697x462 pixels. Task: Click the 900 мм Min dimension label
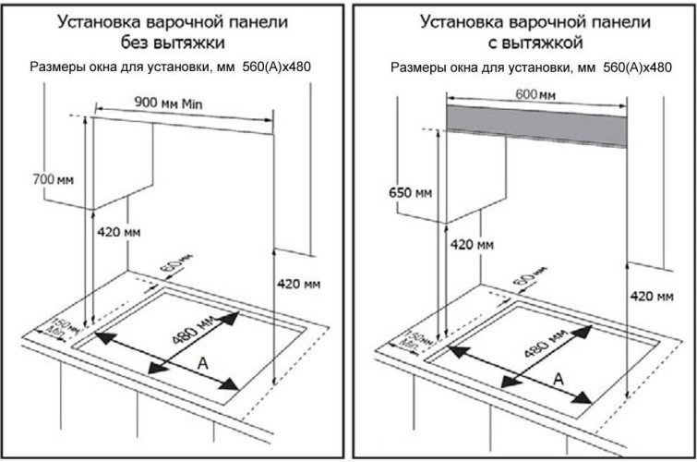click(x=174, y=103)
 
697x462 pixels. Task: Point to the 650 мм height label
click(x=408, y=192)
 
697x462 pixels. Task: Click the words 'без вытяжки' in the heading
click(x=176, y=42)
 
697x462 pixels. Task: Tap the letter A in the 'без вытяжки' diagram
click(x=201, y=366)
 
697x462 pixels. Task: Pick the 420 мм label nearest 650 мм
click(x=472, y=245)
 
